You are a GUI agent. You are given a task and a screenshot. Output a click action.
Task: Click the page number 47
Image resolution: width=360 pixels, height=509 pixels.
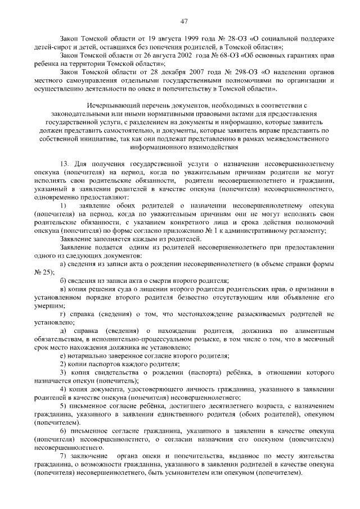click(183, 21)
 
